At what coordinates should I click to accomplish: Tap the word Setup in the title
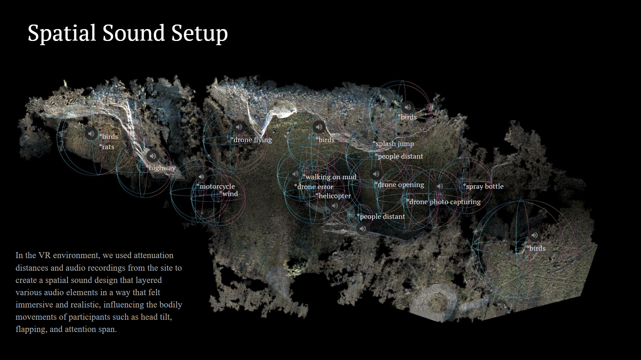coord(199,33)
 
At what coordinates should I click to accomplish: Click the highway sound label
coord(162,168)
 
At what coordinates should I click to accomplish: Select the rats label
coord(107,147)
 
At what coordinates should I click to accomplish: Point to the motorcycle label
coord(217,186)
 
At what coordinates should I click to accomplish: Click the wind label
coord(229,194)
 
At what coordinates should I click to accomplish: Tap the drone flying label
coord(252,140)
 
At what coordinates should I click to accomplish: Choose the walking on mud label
coord(330,177)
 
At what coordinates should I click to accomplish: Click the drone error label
coord(314,187)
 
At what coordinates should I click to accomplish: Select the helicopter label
coord(334,196)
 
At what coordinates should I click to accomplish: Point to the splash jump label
coord(394,144)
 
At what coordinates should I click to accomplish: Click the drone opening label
coord(400,185)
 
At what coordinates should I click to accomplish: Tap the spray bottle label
coord(484,186)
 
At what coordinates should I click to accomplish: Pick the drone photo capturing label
coord(444,202)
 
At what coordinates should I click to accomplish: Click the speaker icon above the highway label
coord(152,156)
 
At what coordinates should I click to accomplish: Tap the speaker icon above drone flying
coord(239,127)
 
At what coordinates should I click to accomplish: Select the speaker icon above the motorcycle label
coord(201,177)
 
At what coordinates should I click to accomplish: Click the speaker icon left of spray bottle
coord(440,186)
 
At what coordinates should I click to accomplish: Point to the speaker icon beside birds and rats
coord(91,133)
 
